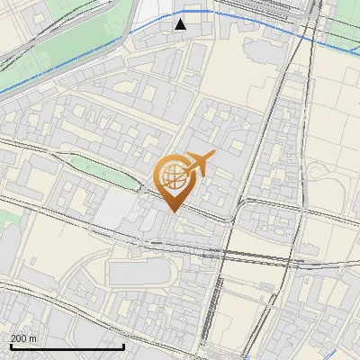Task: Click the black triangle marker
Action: point(181,24)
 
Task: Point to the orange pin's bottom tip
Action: point(172,211)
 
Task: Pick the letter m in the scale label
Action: point(33,338)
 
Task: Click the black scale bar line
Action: point(67,346)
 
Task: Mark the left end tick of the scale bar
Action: point(11,345)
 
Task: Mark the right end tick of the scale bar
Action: point(124,345)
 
